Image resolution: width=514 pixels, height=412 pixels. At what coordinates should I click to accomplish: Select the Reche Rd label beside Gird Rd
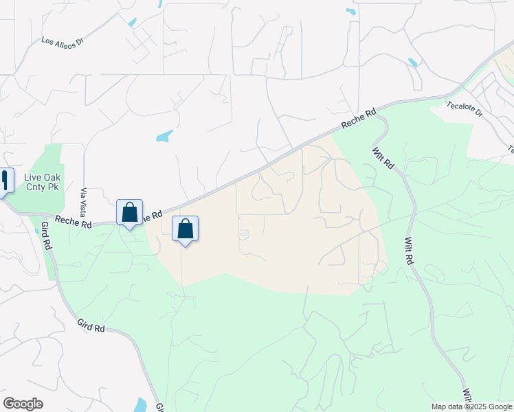click(x=76, y=223)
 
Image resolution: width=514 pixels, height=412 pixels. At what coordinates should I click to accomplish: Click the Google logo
click(x=23, y=404)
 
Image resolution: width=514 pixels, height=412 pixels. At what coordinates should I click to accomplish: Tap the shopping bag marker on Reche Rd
click(x=129, y=213)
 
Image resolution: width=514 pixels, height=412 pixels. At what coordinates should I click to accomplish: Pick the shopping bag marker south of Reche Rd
click(x=185, y=229)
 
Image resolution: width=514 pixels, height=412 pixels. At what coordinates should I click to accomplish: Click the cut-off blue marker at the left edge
click(x=5, y=181)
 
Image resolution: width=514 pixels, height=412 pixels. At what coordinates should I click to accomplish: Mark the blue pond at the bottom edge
click(x=142, y=405)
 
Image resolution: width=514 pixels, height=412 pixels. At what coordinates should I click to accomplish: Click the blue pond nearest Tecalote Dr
click(x=412, y=62)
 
